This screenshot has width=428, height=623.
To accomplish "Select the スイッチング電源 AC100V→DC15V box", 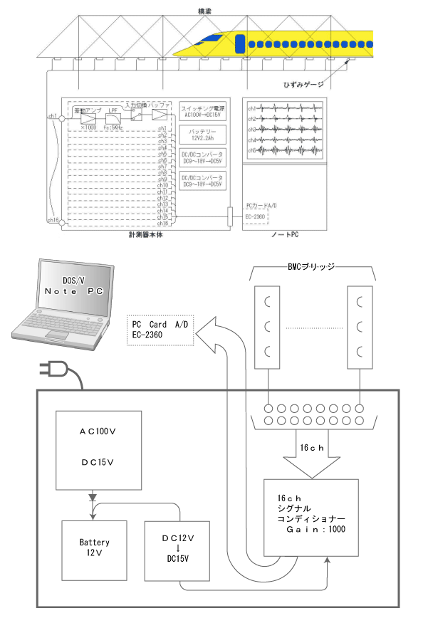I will [x=202, y=112].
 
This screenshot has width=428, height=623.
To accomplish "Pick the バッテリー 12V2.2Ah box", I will [x=202, y=135].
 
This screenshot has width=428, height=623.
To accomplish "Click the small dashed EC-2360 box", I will [x=256, y=216].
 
